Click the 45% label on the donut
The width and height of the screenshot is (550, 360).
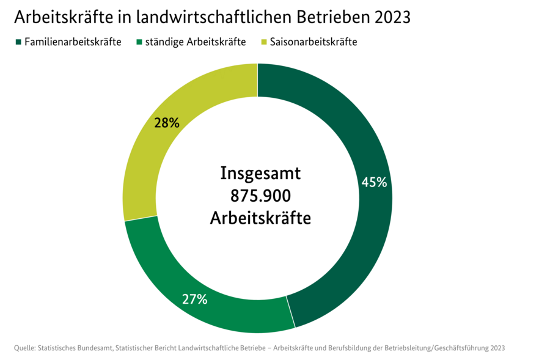[374, 182]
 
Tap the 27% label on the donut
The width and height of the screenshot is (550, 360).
[195, 299]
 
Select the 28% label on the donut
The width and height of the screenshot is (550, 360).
[167, 123]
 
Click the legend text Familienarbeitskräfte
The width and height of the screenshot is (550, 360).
[73, 42]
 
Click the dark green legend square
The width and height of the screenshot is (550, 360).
[18, 42]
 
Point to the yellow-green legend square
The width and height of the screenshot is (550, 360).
[264, 42]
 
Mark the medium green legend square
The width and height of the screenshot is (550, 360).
[139, 42]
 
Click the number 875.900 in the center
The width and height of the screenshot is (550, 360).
[260, 196]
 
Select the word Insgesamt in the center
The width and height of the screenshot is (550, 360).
[260, 174]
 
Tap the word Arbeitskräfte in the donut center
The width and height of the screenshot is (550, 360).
[260, 218]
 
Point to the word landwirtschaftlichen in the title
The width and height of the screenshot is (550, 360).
[211, 17]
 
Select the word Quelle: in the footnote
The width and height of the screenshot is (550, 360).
[24, 348]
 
